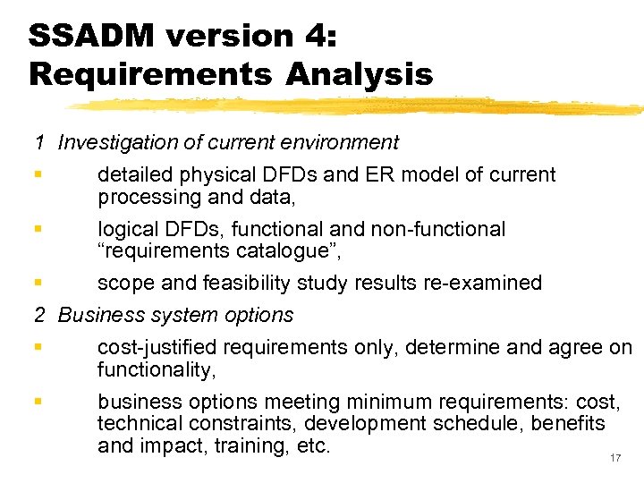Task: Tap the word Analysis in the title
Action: (359, 74)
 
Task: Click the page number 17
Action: (614, 458)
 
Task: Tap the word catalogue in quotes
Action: (267, 251)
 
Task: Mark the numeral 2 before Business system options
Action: (40, 315)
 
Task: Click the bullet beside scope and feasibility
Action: (38, 284)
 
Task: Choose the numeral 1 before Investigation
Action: (40, 142)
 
